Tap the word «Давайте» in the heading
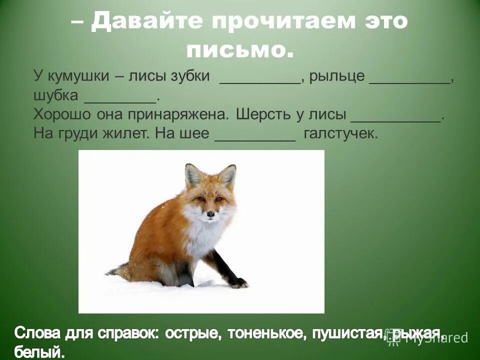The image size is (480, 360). point(148,22)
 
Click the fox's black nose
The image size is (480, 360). point(211,214)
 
